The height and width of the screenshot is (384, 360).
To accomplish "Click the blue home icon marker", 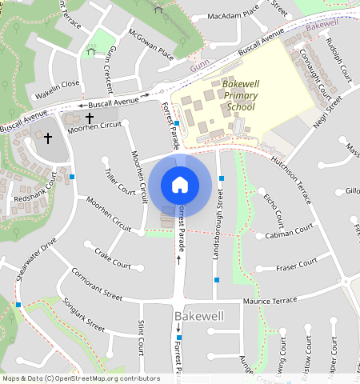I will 180,185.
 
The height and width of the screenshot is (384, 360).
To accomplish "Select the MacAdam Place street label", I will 233,15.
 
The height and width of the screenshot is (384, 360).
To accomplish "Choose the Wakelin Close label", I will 58,83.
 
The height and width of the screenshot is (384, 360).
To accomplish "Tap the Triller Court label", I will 120,181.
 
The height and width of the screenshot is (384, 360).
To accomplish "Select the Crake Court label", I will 112,258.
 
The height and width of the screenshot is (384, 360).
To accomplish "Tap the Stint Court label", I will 142,337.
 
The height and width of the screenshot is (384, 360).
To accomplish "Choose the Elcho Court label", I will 274,208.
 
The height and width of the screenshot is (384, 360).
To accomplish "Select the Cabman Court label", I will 290,231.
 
